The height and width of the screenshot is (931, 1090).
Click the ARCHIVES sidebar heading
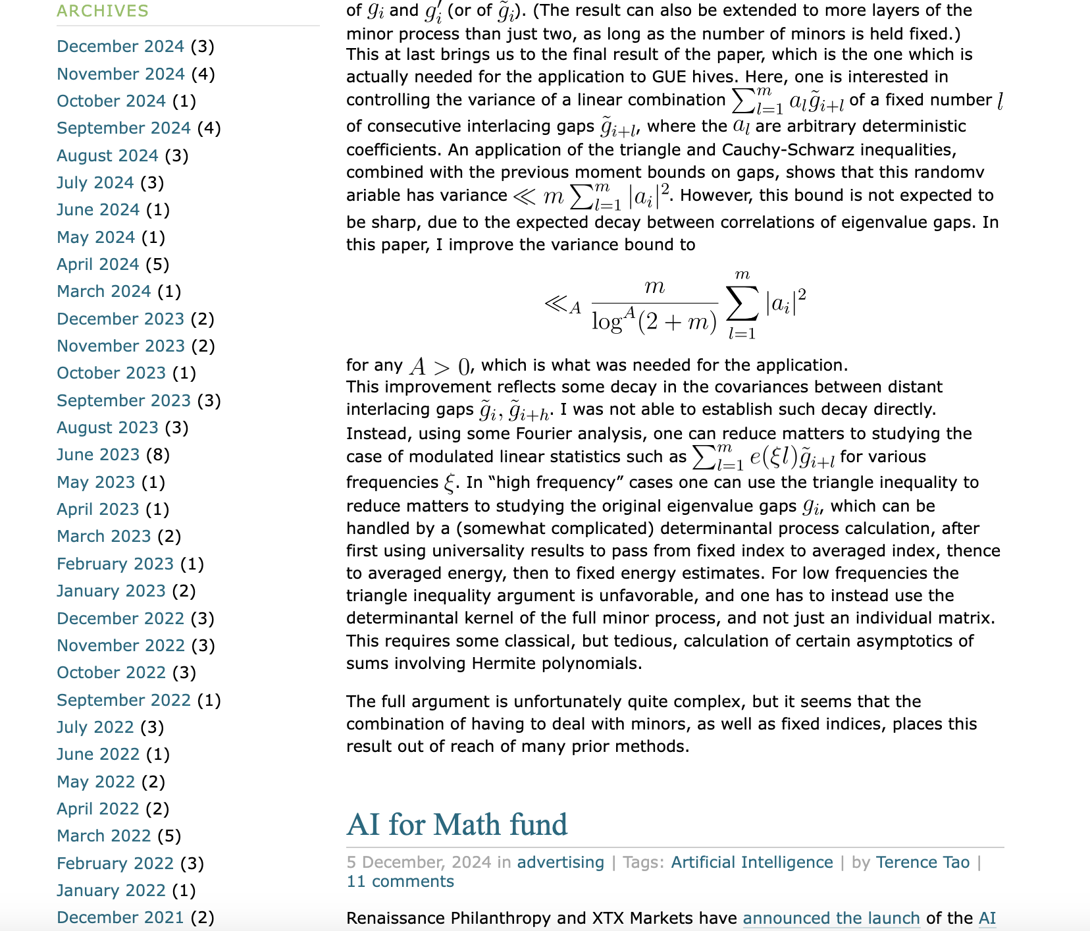(x=103, y=11)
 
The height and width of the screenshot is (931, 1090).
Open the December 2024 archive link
(x=120, y=47)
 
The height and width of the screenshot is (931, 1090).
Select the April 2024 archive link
(x=98, y=265)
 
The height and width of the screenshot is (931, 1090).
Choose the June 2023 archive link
(x=98, y=455)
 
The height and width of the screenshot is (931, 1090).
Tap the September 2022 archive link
(x=124, y=700)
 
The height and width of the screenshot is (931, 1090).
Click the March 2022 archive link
(x=104, y=836)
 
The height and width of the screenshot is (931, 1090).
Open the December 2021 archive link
(x=120, y=918)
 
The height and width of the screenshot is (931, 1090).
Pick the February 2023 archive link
(x=115, y=564)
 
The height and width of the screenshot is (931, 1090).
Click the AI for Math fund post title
(x=457, y=824)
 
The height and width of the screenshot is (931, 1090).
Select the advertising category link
(x=560, y=863)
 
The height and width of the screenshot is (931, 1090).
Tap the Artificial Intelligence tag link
(x=752, y=863)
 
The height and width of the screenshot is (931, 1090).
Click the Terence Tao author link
(x=923, y=863)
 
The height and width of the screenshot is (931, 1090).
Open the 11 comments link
(x=400, y=882)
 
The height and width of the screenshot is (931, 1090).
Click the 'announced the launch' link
(x=831, y=918)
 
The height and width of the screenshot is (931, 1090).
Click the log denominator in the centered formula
(x=654, y=321)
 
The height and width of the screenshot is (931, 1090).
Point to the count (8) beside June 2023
(x=158, y=455)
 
